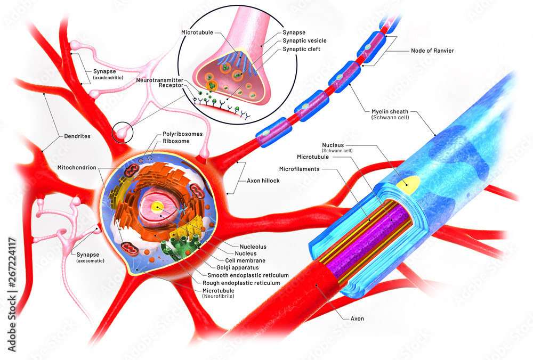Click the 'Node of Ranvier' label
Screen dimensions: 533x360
pyautogui.click(x=432, y=51)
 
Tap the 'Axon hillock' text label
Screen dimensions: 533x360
pyautogui.click(x=263, y=181)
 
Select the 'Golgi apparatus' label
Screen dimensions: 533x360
pyautogui.click(x=238, y=268)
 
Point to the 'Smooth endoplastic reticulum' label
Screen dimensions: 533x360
pyautogui.click(x=248, y=275)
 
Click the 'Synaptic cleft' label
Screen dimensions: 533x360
pyautogui.click(x=302, y=49)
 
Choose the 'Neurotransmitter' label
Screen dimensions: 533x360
pyautogui.click(x=160, y=80)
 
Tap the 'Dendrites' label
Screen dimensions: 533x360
pyautogui.click(x=77, y=136)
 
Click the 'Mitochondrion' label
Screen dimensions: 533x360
pyautogui.click(x=77, y=167)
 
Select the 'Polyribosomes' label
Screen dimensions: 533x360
pyautogui.click(x=182, y=134)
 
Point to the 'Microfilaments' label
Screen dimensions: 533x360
pyautogui.click(x=300, y=169)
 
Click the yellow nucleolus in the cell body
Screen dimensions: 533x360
pyautogui.click(x=157, y=207)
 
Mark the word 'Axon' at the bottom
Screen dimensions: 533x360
pyautogui.click(x=357, y=318)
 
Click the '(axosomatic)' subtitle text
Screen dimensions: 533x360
pyautogui.click(x=90, y=261)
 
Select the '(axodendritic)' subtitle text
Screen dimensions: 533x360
pyautogui.click(x=108, y=77)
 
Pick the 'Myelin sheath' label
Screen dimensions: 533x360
pyautogui.click(x=390, y=111)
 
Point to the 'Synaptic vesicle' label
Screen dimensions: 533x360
pyautogui.click(x=304, y=41)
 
